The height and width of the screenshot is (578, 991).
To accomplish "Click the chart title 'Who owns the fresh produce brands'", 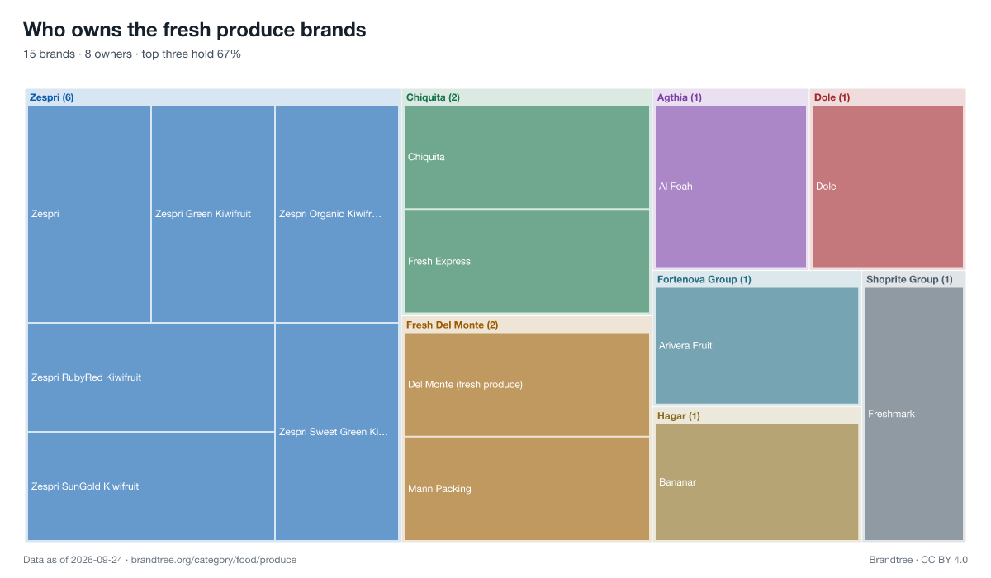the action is tap(195, 30).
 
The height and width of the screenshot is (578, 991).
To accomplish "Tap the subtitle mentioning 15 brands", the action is tap(132, 54).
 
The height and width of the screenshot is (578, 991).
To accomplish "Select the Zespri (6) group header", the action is tap(51, 97).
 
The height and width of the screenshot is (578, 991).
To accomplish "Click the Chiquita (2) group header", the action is tap(433, 97).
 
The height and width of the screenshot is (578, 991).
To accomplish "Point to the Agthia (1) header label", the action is tap(679, 97).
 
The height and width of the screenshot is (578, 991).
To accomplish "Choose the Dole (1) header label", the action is tap(832, 97).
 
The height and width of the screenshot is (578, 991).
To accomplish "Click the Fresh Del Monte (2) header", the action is tap(452, 325).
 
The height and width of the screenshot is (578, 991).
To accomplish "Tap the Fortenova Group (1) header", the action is tap(704, 279).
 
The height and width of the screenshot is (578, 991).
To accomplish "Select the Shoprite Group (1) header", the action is tap(909, 279).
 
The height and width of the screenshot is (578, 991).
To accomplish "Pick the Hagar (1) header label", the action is tap(678, 415).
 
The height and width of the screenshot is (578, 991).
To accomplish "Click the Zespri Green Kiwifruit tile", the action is tap(213, 214).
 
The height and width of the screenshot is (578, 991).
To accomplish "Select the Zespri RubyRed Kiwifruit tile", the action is tap(151, 377).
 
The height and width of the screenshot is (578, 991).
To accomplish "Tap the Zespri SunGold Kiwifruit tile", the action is tap(151, 486).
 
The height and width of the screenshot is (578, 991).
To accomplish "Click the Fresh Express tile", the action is tap(527, 262).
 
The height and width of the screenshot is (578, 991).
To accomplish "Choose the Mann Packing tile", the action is tap(527, 489).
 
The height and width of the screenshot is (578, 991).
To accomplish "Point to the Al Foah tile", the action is tap(730, 186).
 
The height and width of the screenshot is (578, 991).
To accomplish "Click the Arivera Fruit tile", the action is tap(756, 345).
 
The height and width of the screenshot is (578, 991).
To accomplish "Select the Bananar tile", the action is tap(756, 482).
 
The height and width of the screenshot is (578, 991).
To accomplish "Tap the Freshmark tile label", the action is tap(891, 414).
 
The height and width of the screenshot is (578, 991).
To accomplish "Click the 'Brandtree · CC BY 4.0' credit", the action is tap(918, 560).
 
